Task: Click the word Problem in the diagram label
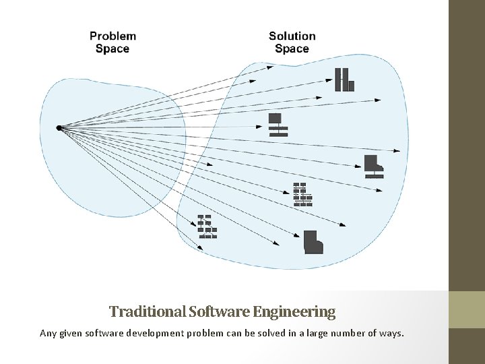(x=112, y=36)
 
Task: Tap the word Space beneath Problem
(x=112, y=49)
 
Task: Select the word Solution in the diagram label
(x=292, y=36)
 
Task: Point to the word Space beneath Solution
(x=292, y=49)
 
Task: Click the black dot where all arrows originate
(x=59, y=127)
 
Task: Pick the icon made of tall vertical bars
(x=345, y=80)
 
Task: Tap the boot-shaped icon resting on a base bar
(x=373, y=166)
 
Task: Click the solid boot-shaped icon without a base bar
(x=313, y=243)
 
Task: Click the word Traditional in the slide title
(x=148, y=311)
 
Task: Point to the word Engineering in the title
(x=294, y=311)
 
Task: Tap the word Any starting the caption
(x=48, y=332)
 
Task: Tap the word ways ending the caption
(x=391, y=332)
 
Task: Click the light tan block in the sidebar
(x=467, y=309)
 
